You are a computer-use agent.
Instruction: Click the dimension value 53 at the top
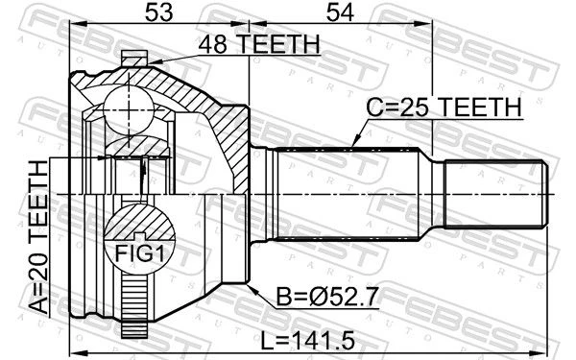[158, 12]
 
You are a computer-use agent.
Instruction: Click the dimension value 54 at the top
[340, 12]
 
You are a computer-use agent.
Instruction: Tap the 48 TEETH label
[259, 44]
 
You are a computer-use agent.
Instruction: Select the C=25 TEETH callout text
[444, 108]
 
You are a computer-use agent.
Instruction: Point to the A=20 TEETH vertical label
[38, 238]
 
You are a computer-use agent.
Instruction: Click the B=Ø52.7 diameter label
[327, 297]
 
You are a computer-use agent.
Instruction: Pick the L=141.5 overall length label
[307, 340]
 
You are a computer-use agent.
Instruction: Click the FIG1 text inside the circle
[140, 253]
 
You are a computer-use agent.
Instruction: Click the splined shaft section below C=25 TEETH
[348, 194]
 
